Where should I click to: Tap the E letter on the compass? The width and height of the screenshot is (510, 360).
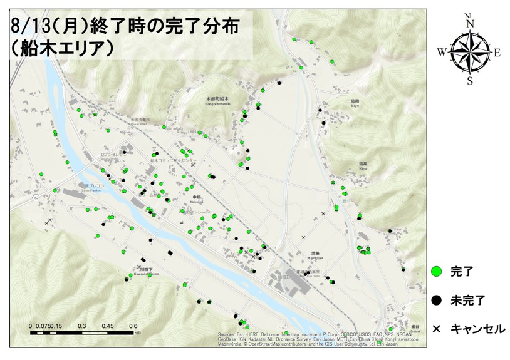[x=497, y=53]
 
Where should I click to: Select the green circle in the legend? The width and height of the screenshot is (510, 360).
[x=437, y=271]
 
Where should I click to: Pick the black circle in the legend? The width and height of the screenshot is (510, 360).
[x=437, y=300]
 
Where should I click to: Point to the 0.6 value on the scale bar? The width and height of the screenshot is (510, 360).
[x=133, y=326]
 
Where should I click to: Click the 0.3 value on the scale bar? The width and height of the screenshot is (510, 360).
[x=81, y=326]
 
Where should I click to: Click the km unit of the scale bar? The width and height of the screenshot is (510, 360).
[x=137, y=332]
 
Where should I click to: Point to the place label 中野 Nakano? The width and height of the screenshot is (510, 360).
[x=196, y=200]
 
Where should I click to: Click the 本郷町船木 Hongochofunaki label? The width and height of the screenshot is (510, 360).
[x=218, y=101]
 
